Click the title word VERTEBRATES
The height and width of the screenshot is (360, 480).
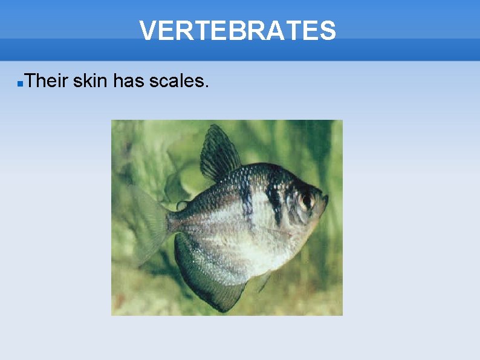pos(238,30)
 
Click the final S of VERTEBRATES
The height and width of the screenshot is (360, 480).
pos(328,30)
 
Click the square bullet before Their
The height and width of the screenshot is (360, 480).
pos(20,82)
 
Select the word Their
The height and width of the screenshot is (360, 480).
pos(47,80)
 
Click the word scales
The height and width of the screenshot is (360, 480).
pos(177,80)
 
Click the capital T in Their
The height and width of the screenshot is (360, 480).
pos(31,80)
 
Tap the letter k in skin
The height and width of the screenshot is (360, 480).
pos(86,80)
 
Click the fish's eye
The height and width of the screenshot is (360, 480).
pos(306,200)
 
